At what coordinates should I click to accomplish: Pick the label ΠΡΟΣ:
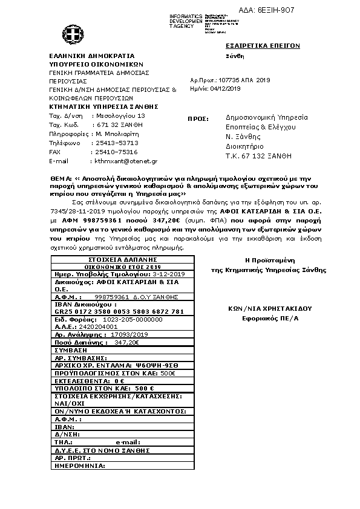coord(198,119)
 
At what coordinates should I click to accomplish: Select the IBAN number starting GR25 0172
coord(119,311)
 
